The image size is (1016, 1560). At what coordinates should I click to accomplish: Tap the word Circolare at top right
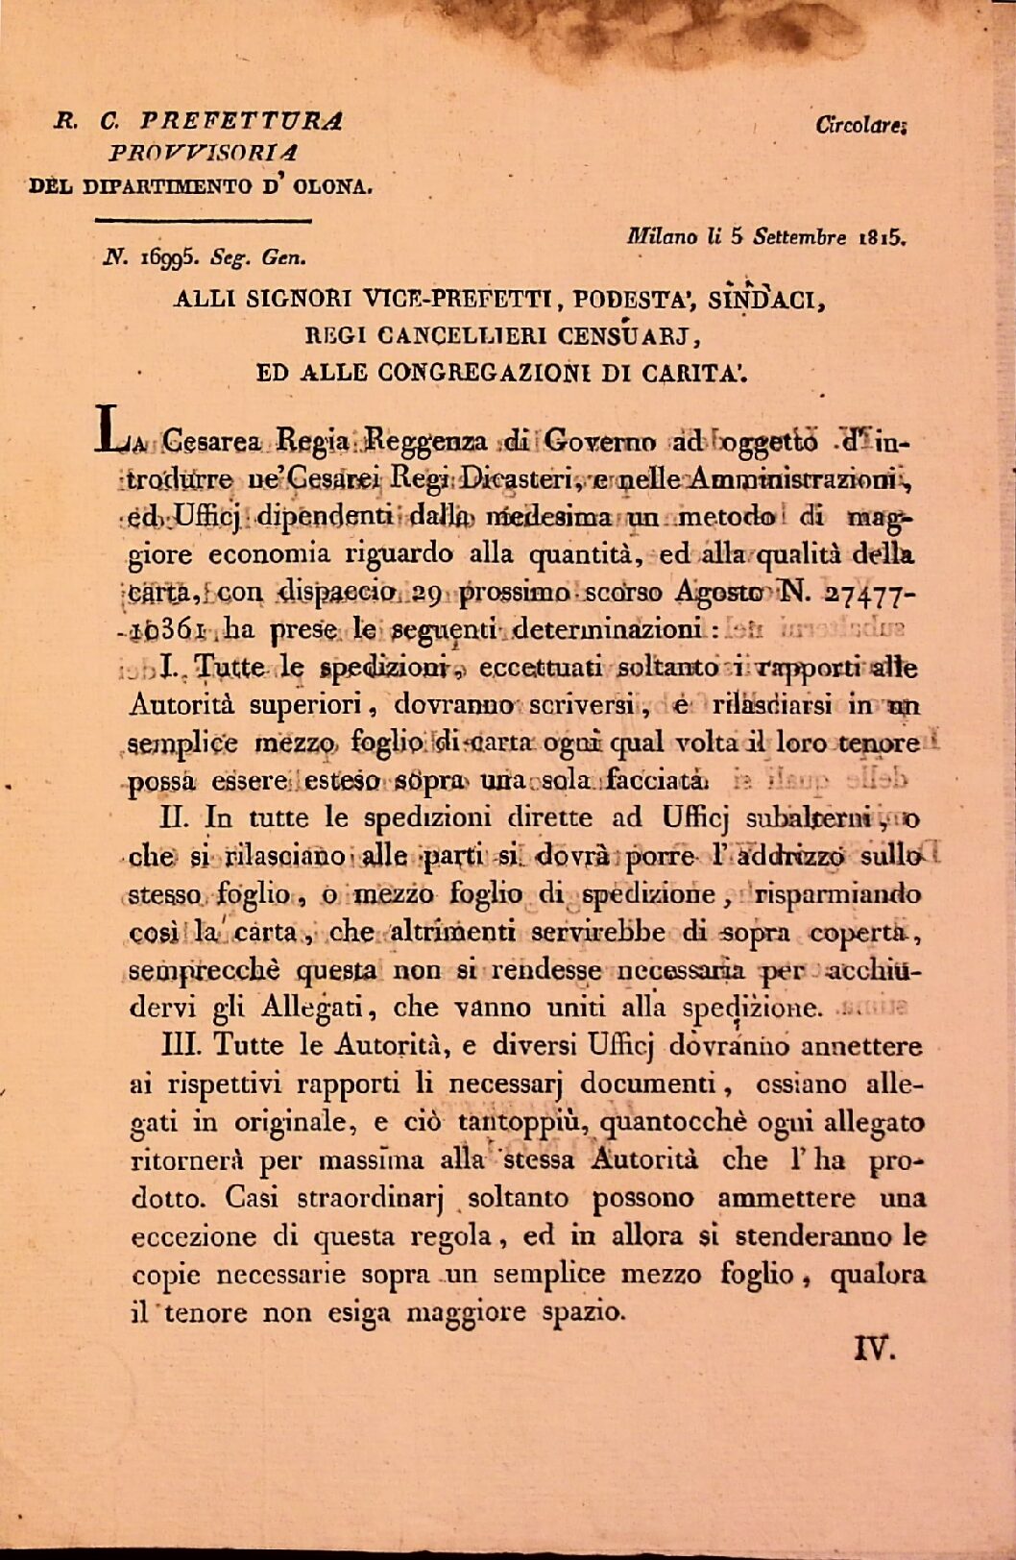pyautogui.click(x=859, y=124)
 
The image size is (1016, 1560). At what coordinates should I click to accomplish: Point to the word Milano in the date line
pyautogui.click(x=659, y=235)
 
